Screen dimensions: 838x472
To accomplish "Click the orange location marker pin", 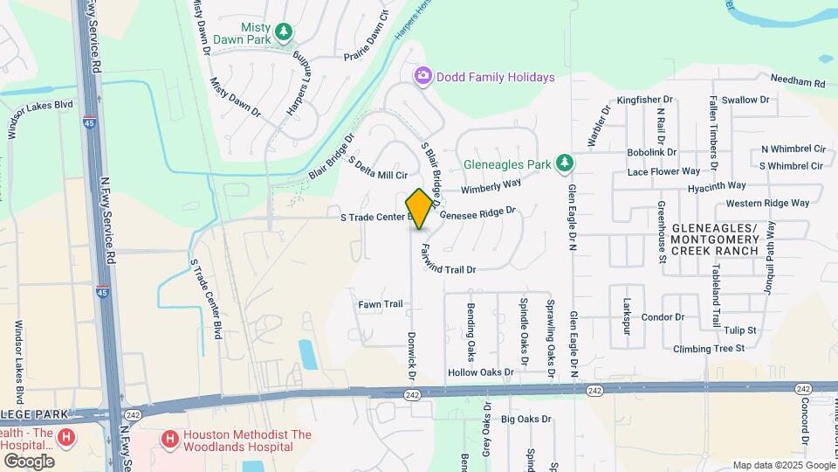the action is (419, 208).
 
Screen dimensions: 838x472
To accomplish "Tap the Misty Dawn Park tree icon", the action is (283, 32).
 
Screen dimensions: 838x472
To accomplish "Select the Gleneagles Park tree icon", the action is (566, 163).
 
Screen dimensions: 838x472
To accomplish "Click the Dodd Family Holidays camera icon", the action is (423, 77).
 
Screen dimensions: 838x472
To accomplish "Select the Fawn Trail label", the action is (381, 304).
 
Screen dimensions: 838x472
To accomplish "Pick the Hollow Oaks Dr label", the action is (480, 372).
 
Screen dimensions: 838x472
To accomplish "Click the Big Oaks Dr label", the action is (526, 420).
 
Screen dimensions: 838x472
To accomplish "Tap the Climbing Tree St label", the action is (708, 348).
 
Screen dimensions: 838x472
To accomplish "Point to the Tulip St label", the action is (739, 330).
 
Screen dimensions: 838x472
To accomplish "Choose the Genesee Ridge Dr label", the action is (478, 212).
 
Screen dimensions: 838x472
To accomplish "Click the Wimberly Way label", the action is (491, 186).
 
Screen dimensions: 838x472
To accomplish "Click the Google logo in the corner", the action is (29, 461).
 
